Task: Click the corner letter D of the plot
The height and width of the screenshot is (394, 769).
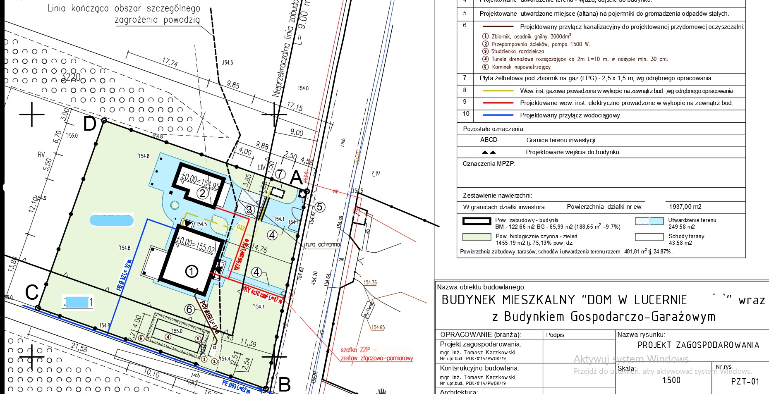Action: [x=90, y=124]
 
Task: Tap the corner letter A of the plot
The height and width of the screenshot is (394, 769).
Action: [x=297, y=178]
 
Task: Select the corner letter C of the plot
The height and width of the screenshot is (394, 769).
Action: [x=32, y=292]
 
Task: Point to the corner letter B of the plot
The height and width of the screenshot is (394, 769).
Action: [x=285, y=384]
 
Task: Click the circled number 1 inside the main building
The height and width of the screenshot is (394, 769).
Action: [x=192, y=272]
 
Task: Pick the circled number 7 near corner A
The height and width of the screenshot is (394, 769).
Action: [x=280, y=174]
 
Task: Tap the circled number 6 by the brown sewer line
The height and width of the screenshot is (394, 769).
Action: [x=189, y=309]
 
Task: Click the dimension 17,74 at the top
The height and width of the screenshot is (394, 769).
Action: [x=170, y=63]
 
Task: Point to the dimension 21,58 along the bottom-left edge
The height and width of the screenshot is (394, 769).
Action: [x=79, y=348]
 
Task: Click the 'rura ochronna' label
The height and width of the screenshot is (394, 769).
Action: [x=322, y=244]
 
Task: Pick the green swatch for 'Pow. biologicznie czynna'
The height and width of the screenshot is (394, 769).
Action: [x=477, y=237]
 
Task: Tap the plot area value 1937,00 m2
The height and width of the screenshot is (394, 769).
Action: [x=685, y=207]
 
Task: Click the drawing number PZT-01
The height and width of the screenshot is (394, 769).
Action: [x=745, y=381]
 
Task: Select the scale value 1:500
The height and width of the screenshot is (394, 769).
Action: [x=671, y=380]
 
